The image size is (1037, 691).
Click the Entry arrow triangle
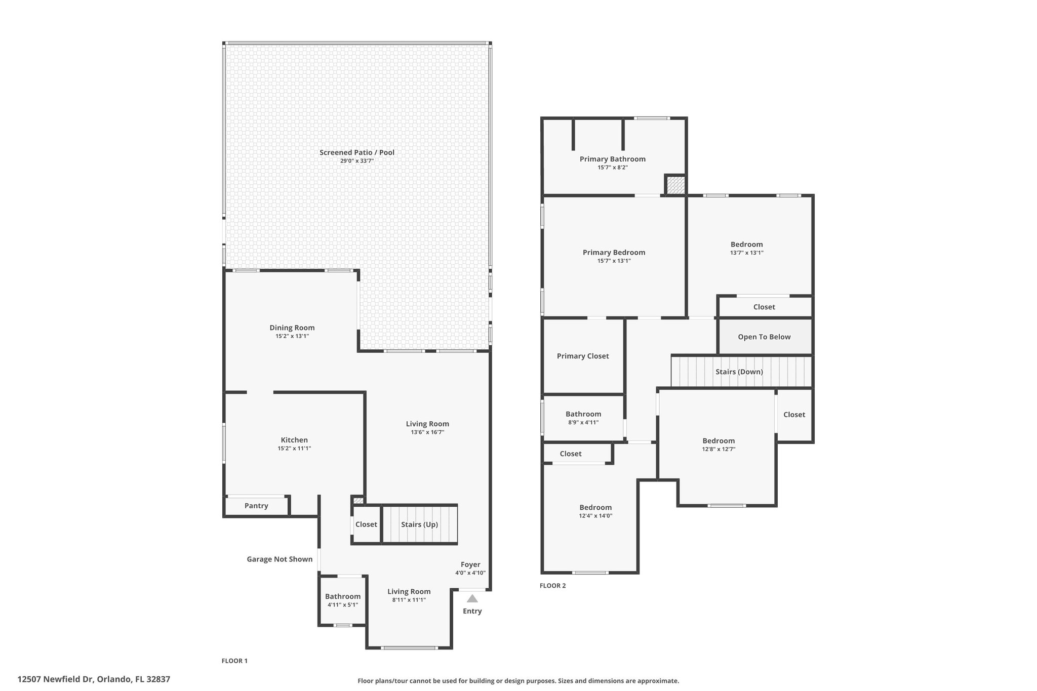pyautogui.click(x=472, y=598)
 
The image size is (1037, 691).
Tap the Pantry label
pyautogui.click(x=256, y=506)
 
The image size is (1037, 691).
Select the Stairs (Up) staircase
pyautogui.click(x=419, y=524)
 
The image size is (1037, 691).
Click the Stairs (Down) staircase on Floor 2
pyautogui.click(x=741, y=372)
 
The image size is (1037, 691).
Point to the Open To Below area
pyautogui.click(x=765, y=337)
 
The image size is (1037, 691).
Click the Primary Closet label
pyautogui.click(x=583, y=356)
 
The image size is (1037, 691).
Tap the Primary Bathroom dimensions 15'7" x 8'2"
pyautogui.click(x=613, y=167)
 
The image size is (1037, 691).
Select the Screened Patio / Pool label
pyautogui.click(x=357, y=152)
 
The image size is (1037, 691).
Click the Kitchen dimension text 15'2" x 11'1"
pyautogui.click(x=294, y=448)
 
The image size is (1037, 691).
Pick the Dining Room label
pyautogui.click(x=292, y=328)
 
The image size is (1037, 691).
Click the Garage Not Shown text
pyautogui.click(x=280, y=559)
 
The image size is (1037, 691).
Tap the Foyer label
pyautogui.click(x=470, y=564)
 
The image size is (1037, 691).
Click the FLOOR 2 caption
pyautogui.click(x=553, y=586)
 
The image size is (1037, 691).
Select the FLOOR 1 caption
pyautogui.click(x=235, y=661)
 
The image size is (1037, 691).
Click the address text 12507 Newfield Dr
pyautogui.click(x=55, y=679)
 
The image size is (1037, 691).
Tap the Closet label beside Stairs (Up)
pyautogui.click(x=366, y=524)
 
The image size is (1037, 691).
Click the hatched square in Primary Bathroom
pyautogui.click(x=675, y=185)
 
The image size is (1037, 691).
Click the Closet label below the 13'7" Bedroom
pyautogui.click(x=764, y=307)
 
